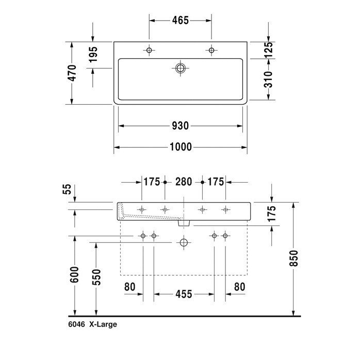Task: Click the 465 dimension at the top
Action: (180, 21)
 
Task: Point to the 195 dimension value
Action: (93, 55)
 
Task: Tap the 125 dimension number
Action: (268, 50)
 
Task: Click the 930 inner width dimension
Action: (180, 126)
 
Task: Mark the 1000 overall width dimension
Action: (180, 147)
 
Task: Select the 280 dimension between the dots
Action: (184, 182)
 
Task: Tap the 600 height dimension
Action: (75, 274)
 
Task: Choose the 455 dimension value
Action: (183, 294)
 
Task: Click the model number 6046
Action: (76, 324)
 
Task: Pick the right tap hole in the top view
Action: (211, 50)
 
